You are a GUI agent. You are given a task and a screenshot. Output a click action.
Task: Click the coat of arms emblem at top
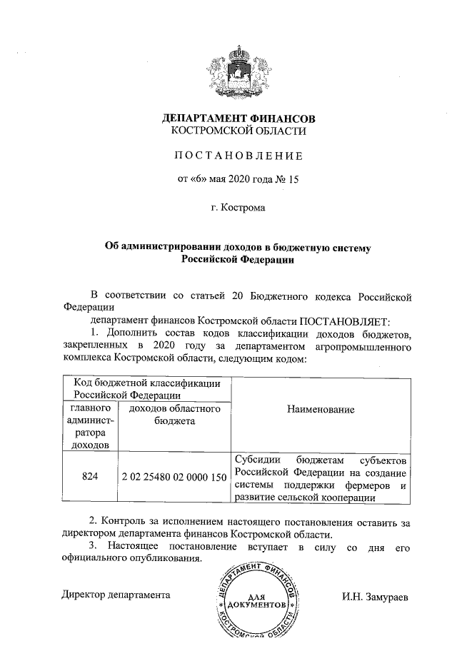click(x=238, y=71)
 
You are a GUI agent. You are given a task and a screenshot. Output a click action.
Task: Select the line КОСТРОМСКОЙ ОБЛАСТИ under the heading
click(x=238, y=131)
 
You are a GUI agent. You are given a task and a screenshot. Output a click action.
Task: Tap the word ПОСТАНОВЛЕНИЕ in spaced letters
click(x=238, y=156)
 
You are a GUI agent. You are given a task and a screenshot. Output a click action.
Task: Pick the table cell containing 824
click(x=90, y=476)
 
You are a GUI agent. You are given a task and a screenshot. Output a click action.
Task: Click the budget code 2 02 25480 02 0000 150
click(x=174, y=476)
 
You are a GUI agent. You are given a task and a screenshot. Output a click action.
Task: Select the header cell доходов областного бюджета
click(x=174, y=415)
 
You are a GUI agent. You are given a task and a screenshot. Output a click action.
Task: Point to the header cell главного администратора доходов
click(x=90, y=426)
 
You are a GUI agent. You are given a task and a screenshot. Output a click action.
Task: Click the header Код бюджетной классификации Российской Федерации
click(x=147, y=388)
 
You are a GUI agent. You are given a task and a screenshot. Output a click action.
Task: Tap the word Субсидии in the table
click(x=256, y=459)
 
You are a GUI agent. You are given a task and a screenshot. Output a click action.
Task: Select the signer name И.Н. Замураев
click(x=375, y=595)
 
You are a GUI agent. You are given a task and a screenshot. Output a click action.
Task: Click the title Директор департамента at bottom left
click(x=115, y=594)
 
